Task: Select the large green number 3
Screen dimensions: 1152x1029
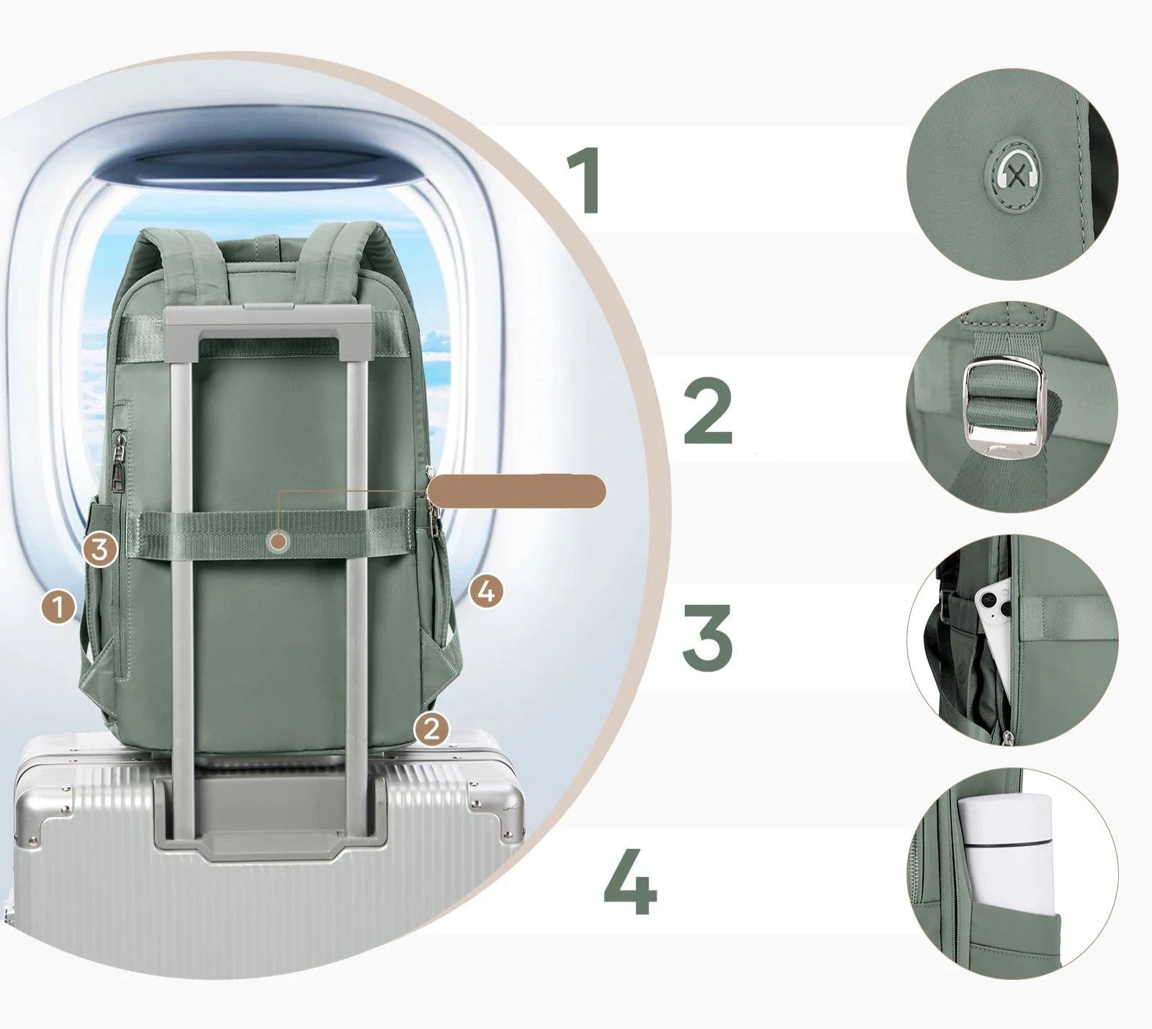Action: tap(707, 634)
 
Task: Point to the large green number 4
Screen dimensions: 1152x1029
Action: tap(630, 881)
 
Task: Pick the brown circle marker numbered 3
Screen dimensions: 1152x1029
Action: tap(99, 550)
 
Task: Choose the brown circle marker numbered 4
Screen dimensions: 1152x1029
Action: tap(486, 592)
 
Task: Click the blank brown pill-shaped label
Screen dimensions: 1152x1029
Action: tap(517, 492)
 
